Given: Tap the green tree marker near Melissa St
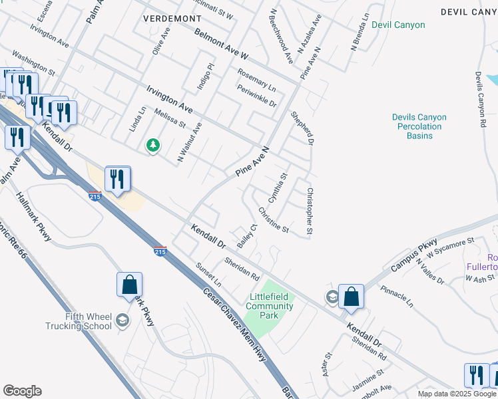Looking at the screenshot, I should [x=153, y=144].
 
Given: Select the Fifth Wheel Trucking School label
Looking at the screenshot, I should [x=79, y=321].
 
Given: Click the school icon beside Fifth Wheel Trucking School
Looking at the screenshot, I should [x=123, y=321].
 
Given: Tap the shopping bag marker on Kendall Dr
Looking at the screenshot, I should [x=351, y=297].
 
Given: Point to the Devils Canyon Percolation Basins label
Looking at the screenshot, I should [x=419, y=126].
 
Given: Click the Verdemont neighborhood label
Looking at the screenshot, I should [x=172, y=18].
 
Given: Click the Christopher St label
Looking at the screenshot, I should [x=310, y=211].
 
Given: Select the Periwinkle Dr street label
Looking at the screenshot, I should [x=256, y=95].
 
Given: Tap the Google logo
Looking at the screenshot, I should [x=22, y=390].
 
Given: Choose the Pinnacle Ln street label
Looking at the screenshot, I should [x=397, y=297].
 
